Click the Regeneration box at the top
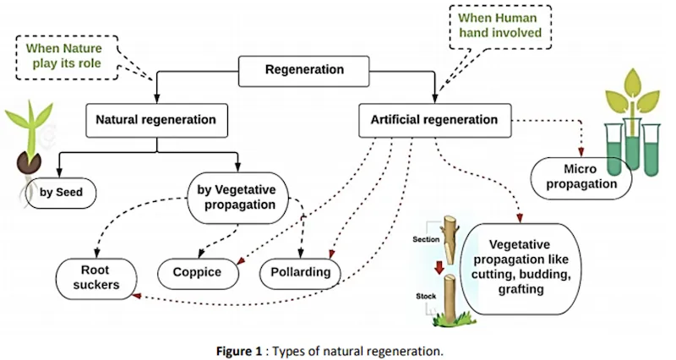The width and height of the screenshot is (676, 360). coord(304,70)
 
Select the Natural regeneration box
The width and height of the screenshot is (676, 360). coord(155,119)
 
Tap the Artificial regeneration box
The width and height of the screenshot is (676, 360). coord(434,119)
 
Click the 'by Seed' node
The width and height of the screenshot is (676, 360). coord(62,192)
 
